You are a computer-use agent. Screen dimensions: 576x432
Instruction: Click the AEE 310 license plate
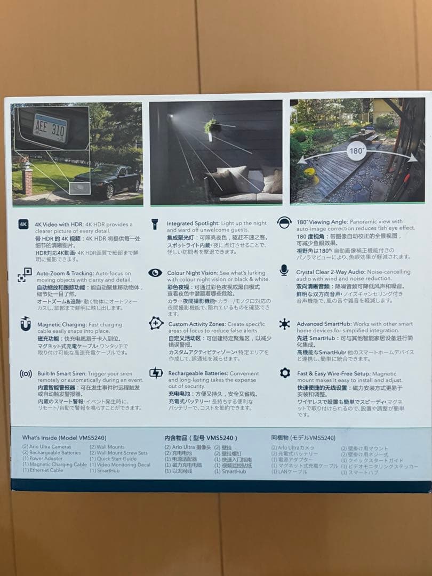[x=50, y=127]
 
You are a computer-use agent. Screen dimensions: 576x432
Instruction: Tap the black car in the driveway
[x=107, y=179]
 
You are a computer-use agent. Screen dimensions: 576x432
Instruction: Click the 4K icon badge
[x=23, y=225]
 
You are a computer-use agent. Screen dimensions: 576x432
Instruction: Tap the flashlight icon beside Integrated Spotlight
[x=155, y=224]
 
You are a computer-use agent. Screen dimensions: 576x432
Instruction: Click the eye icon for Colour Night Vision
[x=155, y=273]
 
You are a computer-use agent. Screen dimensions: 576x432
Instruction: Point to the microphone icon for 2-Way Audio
[x=284, y=270]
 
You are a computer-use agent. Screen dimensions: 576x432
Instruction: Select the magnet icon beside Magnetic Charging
[x=25, y=324]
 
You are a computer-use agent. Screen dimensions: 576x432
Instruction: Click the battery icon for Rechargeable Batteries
[x=156, y=373]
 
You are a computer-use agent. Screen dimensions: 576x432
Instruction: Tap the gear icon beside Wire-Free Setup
[x=285, y=373]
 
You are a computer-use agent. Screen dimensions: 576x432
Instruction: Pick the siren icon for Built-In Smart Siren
[x=25, y=373]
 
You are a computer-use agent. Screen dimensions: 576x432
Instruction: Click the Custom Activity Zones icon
[x=156, y=323]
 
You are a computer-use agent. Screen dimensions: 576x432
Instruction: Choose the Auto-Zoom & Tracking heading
[x=68, y=273]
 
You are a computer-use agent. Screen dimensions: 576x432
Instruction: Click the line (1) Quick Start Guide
[x=113, y=459]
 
